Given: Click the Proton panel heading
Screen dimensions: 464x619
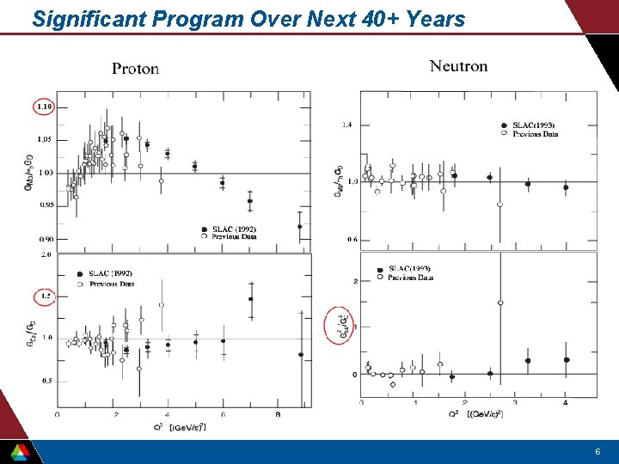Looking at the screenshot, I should pos(136,70).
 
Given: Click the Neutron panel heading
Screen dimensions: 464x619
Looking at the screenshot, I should pos(458,66).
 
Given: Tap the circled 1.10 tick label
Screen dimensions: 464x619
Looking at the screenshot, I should pos(43,107).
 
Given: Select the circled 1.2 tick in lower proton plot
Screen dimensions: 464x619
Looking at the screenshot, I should pos(46,296).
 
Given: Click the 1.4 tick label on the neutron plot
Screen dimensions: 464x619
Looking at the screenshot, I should pos(346,125).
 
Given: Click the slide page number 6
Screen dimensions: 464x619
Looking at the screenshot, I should pos(598,452).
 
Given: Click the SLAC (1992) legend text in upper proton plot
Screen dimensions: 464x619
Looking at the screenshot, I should pos(234,229).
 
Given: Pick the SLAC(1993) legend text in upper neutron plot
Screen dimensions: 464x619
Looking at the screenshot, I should pos(535,126).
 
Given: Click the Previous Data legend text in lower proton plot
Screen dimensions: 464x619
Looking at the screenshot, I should pos(112,284).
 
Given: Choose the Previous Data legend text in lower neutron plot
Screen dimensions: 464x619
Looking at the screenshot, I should pos(410,278).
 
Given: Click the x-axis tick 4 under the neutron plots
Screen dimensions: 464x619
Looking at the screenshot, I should pos(566,403).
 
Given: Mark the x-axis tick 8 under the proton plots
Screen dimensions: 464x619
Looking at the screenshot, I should pos(277,414).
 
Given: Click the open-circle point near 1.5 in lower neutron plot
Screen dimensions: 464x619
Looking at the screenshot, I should pos(500,302).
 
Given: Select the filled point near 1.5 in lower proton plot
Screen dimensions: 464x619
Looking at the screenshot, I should pos(250,299).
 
